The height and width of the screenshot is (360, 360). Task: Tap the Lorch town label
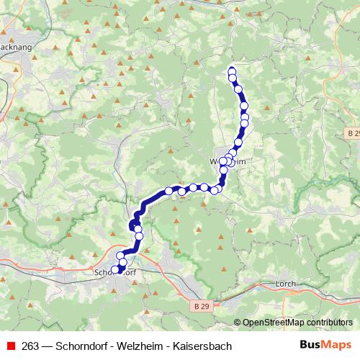(286, 284)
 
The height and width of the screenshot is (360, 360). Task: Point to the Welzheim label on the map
(228, 162)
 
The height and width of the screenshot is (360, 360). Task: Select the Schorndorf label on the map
(116, 273)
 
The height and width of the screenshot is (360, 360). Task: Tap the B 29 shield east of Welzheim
(351, 134)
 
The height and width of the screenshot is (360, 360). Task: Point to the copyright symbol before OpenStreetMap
(238, 323)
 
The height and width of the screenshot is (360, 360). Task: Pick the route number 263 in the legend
(30, 346)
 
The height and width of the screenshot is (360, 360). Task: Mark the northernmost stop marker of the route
(232, 71)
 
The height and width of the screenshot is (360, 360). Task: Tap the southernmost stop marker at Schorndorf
(114, 270)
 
